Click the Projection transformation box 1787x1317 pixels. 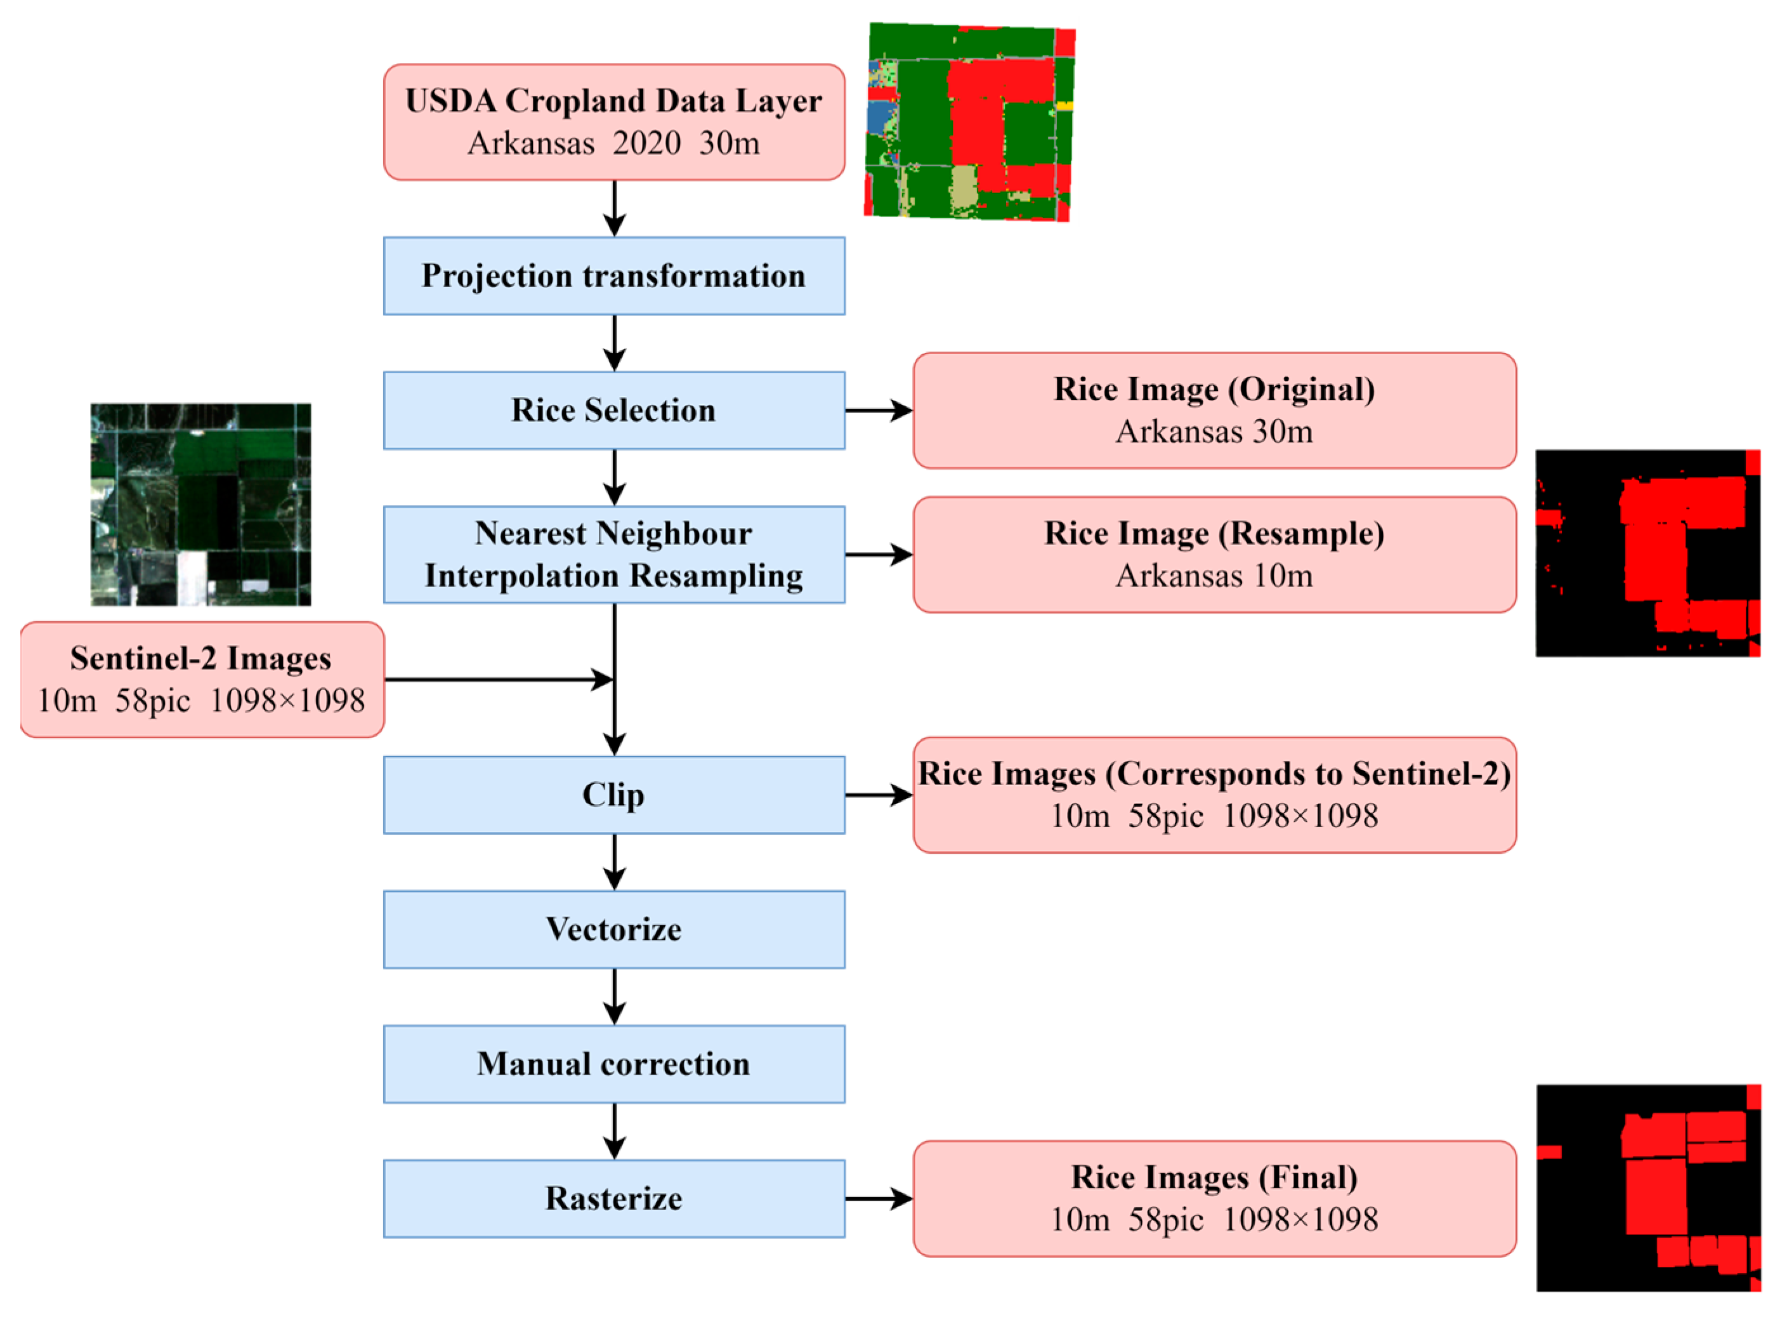click(x=613, y=276)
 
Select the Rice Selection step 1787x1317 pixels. click(x=613, y=410)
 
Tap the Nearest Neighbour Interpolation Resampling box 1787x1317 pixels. click(x=613, y=554)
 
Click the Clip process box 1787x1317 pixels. click(x=613, y=795)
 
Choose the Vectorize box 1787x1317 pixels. click(x=613, y=930)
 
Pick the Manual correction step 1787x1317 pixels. click(x=613, y=1064)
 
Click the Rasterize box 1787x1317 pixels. click(x=613, y=1198)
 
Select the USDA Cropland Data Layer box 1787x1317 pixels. click(x=613, y=122)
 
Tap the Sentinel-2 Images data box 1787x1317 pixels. click(x=202, y=679)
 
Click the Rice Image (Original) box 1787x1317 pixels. click(x=1214, y=410)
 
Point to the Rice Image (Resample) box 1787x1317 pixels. click(x=1214, y=554)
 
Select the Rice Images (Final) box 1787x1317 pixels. click(x=1214, y=1198)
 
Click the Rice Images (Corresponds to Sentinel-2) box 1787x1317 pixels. click(x=1214, y=795)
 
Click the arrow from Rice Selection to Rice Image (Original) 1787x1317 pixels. click(x=878, y=410)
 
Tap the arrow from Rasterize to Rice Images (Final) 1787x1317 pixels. click(x=878, y=1198)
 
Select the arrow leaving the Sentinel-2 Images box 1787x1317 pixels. click(x=498, y=679)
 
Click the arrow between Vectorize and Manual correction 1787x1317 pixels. click(x=613, y=996)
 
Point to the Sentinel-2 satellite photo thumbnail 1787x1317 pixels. click(x=200, y=504)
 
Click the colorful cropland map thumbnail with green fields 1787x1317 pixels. click(x=969, y=121)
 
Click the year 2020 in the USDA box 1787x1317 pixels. click(x=646, y=143)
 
